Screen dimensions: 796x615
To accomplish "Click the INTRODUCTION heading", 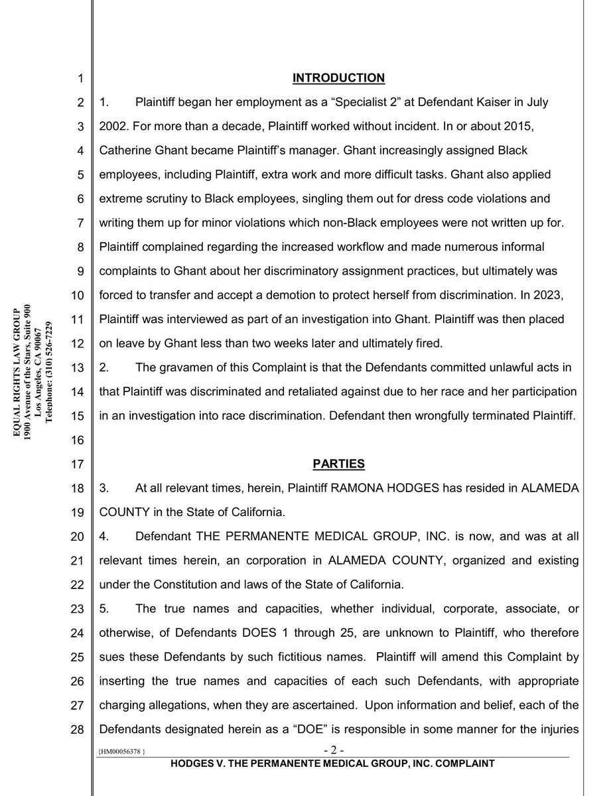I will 338,78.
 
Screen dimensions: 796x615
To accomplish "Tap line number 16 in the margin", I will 77,440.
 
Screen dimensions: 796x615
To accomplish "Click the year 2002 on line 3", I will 113,126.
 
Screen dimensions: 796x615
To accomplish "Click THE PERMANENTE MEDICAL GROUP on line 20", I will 274,536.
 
